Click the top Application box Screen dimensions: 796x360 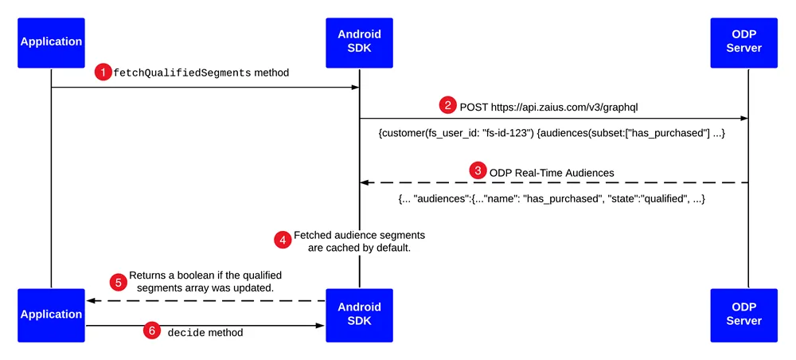[x=51, y=43]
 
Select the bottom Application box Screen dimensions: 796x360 [x=51, y=315]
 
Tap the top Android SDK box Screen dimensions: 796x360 [x=360, y=43]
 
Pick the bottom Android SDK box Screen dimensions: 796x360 [x=360, y=315]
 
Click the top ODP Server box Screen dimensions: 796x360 [x=743, y=43]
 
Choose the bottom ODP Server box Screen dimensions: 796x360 [x=743, y=315]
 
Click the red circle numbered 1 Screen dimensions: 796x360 [x=103, y=72]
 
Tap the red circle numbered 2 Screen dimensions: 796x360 [x=447, y=106]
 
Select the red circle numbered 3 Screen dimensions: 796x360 [x=477, y=170]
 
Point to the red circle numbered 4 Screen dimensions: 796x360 [x=283, y=240]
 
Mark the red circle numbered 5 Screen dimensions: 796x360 [x=119, y=282]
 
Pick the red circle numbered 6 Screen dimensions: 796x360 [x=150, y=331]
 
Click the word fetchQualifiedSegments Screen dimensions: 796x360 [x=182, y=72]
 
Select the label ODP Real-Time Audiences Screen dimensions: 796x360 [x=552, y=173]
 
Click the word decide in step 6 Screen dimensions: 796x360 [x=186, y=333]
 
